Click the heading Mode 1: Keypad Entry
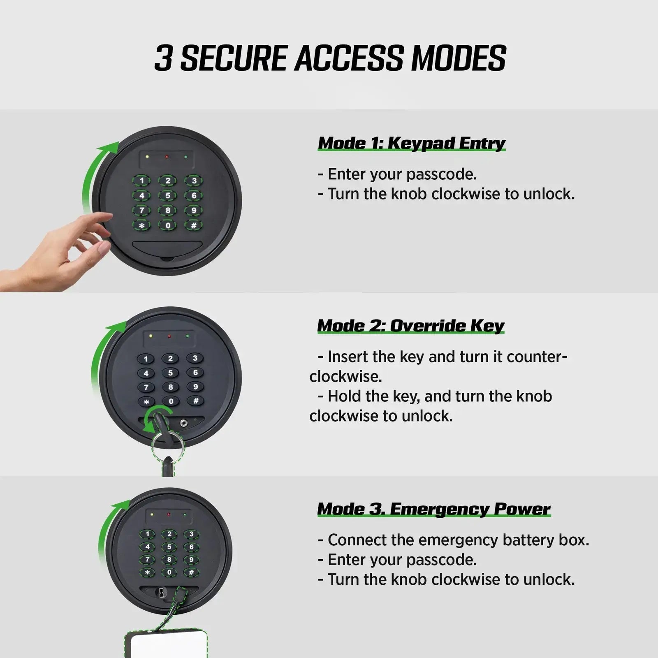click(x=412, y=143)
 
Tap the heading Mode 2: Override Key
click(x=411, y=326)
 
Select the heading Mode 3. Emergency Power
click(x=434, y=509)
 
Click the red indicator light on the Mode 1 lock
click(x=167, y=157)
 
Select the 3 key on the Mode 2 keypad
click(x=195, y=358)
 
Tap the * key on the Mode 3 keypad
click(x=148, y=572)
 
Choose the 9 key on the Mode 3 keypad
click(x=191, y=560)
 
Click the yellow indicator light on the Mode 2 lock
click(x=151, y=336)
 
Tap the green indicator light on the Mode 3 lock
click(x=185, y=514)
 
